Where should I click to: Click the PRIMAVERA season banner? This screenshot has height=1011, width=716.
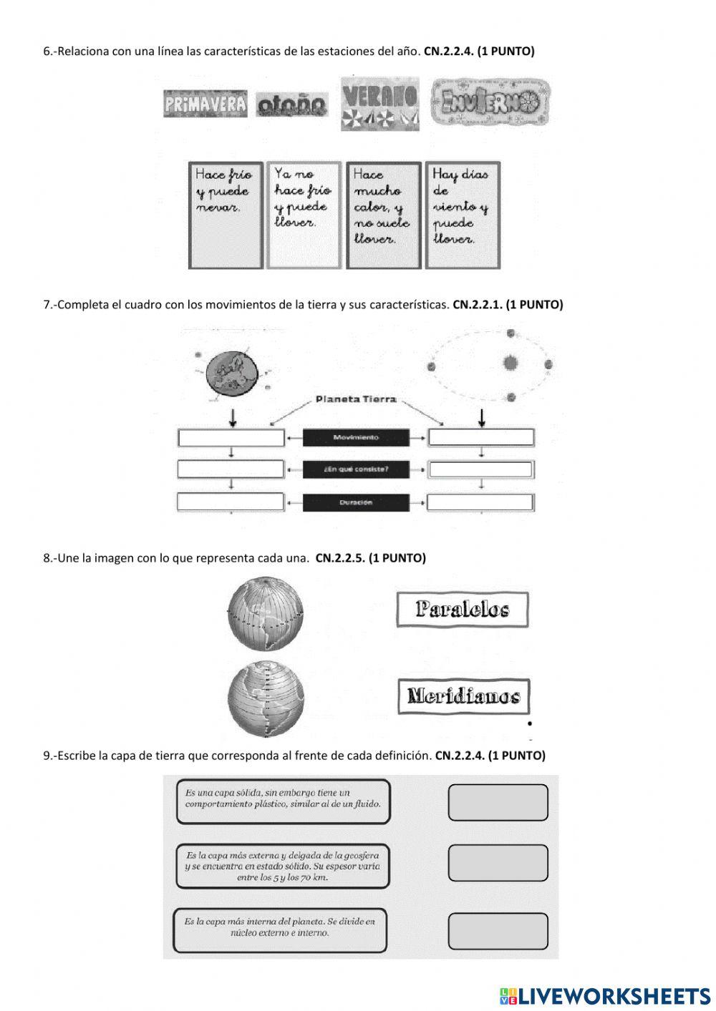tap(205, 104)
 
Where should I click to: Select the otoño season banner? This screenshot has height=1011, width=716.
tap(291, 104)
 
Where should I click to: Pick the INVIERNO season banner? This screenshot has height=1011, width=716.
tap(490, 102)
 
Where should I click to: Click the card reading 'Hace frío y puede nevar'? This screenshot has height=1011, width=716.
tap(226, 215)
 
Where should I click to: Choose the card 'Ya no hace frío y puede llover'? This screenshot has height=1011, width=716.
tap(304, 215)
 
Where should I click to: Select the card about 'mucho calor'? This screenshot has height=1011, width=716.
tap(383, 215)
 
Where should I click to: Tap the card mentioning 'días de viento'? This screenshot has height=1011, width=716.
tap(463, 215)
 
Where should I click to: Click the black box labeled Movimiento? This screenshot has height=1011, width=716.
tap(356, 437)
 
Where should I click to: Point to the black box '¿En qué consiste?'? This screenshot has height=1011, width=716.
tap(356, 469)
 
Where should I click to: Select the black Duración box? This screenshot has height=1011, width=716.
tap(356, 502)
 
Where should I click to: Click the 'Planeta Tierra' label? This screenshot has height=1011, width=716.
tap(356, 399)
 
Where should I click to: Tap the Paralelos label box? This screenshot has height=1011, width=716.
tap(463, 610)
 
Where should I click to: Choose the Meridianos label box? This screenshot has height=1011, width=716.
tap(464, 696)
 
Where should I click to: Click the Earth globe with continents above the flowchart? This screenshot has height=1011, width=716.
tap(231, 373)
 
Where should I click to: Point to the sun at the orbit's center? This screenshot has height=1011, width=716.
tap(510, 363)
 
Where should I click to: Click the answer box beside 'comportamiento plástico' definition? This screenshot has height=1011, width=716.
tap(498, 802)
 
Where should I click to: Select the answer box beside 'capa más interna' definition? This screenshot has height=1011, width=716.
tap(498, 931)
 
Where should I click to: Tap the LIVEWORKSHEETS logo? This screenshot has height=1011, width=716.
tap(605, 995)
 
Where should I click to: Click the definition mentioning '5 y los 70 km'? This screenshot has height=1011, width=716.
tap(283, 866)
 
